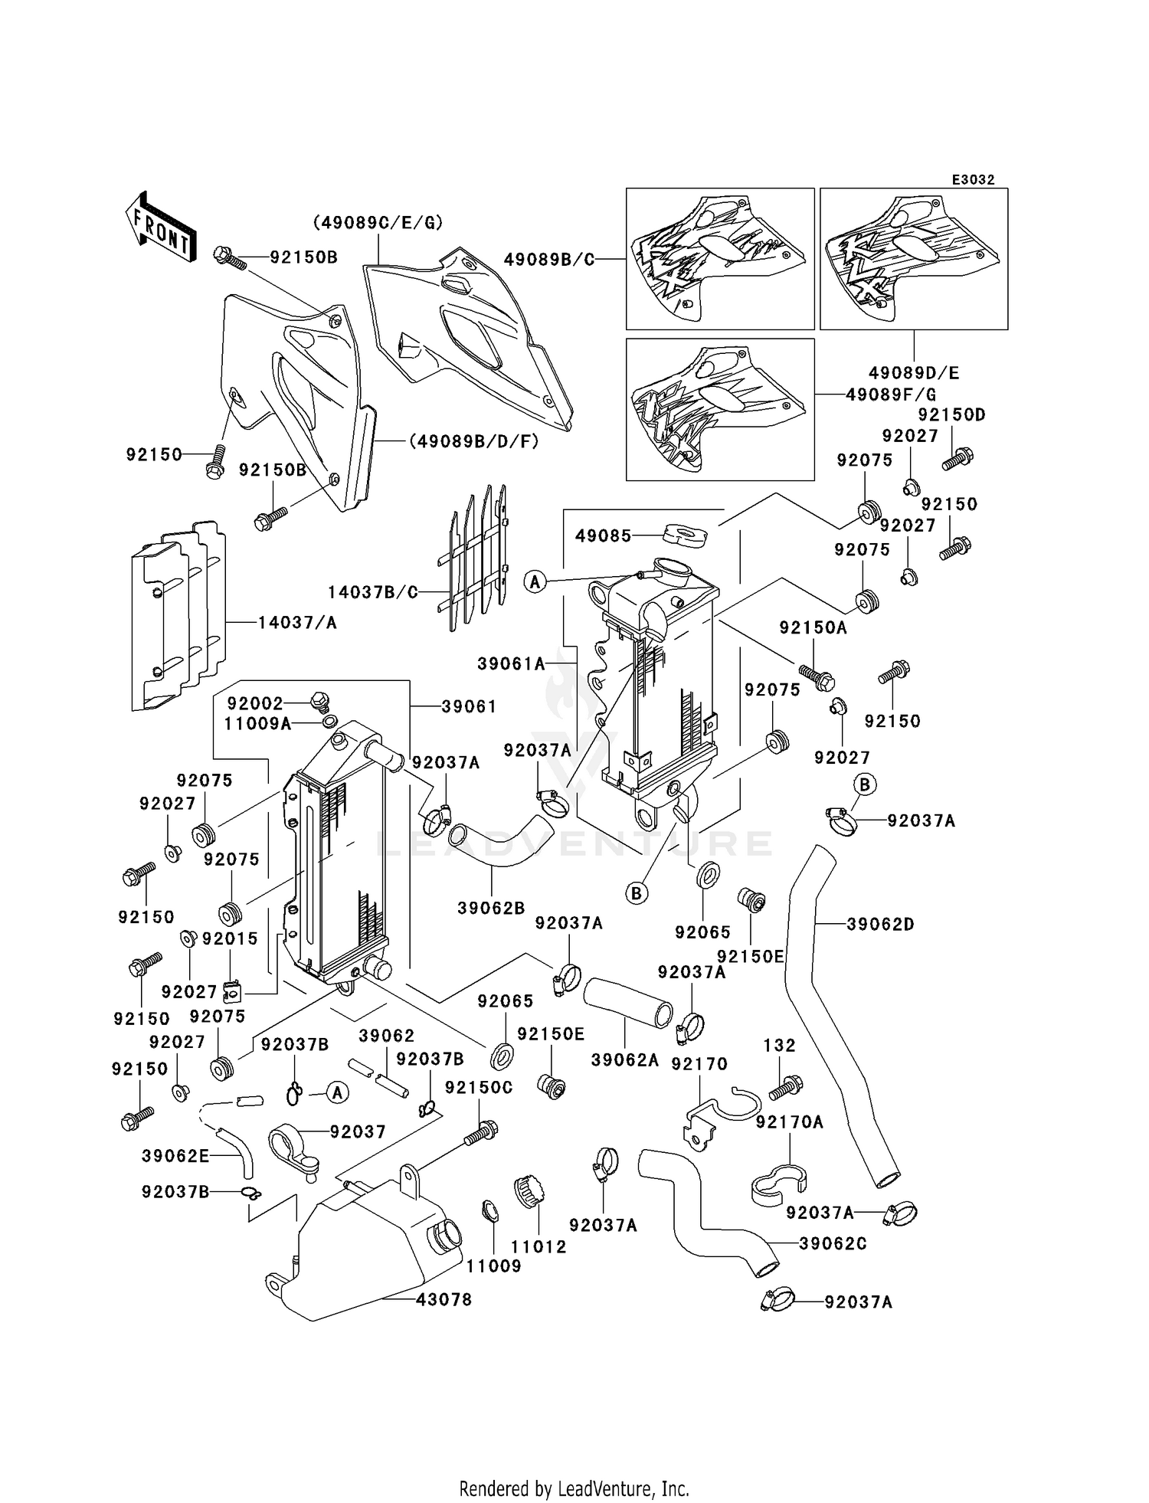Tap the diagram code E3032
(x=973, y=179)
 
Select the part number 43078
(x=444, y=1299)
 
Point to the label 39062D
(x=880, y=924)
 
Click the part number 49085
(x=604, y=535)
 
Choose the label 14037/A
(x=297, y=622)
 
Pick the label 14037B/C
(x=373, y=592)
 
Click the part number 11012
(x=539, y=1246)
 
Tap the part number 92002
(x=255, y=702)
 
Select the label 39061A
(x=511, y=663)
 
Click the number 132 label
(x=779, y=1045)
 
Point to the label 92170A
(x=789, y=1122)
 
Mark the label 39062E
(x=175, y=1156)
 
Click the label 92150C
(x=479, y=1087)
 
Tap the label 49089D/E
(x=914, y=373)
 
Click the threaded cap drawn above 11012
(x=529, y=1193)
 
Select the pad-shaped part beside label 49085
(x=685, y=534)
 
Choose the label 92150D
(x=951, y=414)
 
